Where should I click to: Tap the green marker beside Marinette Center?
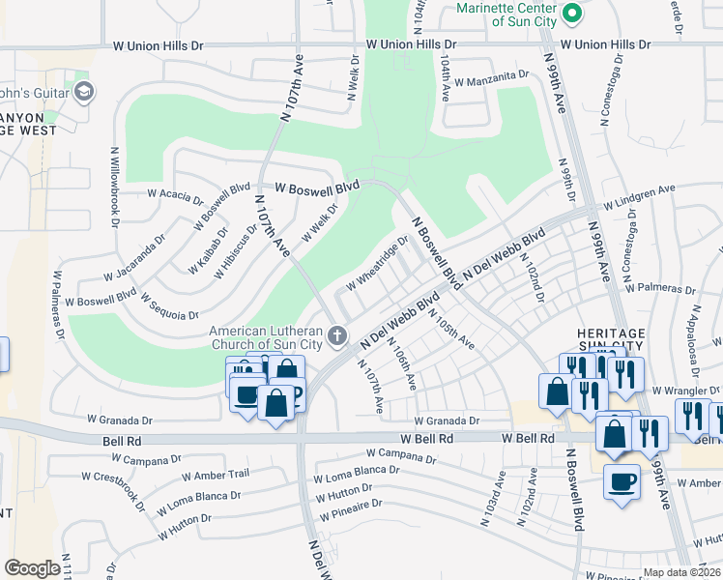[571, 13]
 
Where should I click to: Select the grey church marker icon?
[337, 335]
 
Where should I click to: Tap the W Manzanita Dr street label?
[488, 74]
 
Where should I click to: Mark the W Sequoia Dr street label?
[169, 304]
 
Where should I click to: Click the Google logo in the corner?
[32, 568]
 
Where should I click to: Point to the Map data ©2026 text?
[681, 572]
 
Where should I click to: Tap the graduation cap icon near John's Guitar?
[84, 92]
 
